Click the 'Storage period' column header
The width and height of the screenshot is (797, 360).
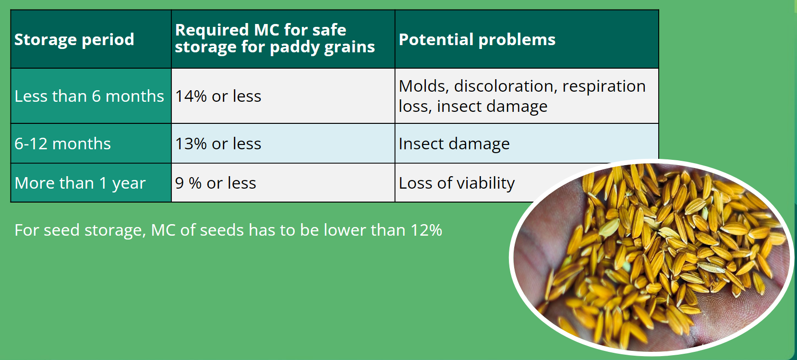click(74, 40)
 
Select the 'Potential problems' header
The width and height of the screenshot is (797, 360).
click(477, 40)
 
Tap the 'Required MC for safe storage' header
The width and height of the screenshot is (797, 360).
click(275, 38)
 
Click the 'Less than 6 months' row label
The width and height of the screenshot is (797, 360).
click(89, 96)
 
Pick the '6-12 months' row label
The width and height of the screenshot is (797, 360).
click(62, 144)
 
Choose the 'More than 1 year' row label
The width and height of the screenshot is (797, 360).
click(80, 183)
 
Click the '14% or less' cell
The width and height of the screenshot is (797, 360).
click(218, 96)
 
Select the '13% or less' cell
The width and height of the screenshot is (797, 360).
click(218, 144)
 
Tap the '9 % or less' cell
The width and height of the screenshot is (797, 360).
click(215, 183)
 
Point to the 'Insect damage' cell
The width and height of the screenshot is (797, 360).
click(454, 144)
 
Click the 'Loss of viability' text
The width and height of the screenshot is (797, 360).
click(457, 183)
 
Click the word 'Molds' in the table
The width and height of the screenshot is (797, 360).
click(424, 86)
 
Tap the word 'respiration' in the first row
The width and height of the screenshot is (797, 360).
click(604, 86)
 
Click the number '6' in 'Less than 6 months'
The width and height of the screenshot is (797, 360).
click(96, 96)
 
